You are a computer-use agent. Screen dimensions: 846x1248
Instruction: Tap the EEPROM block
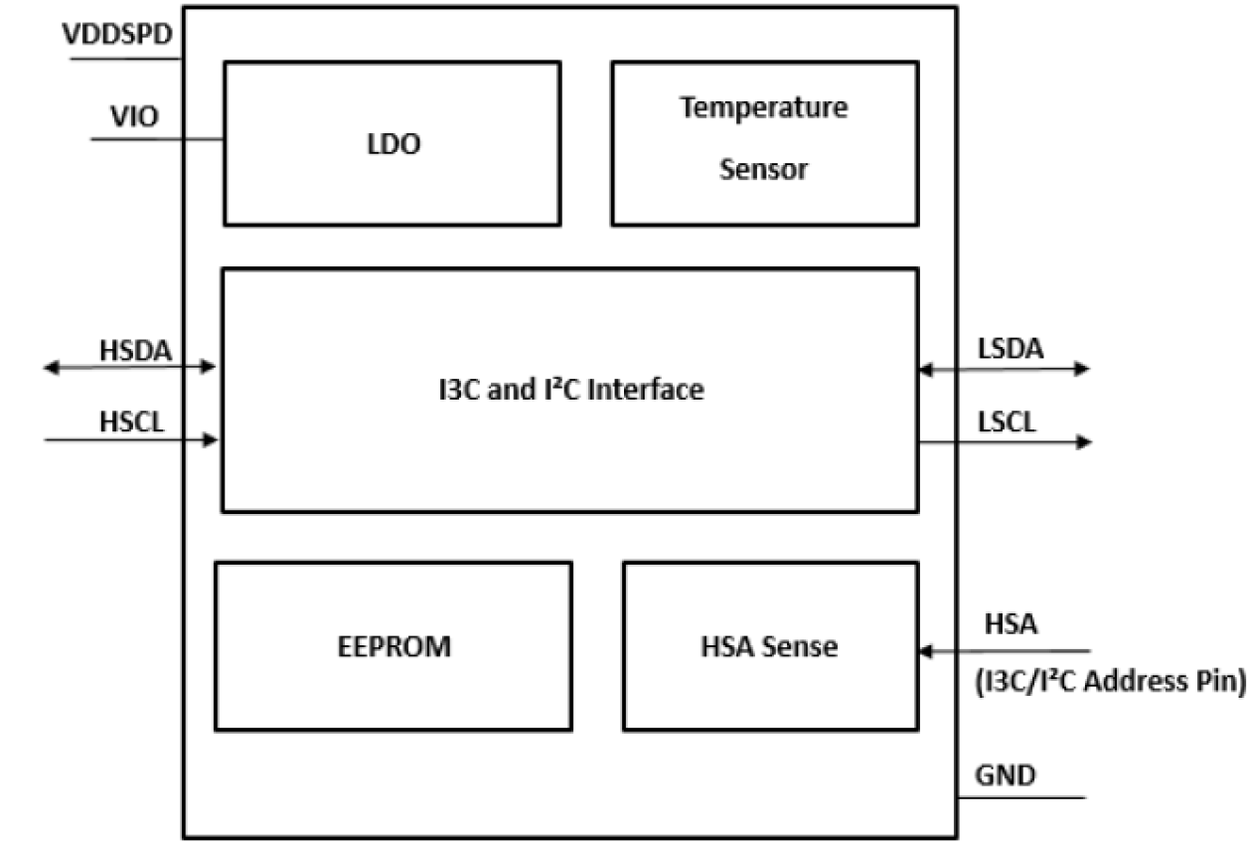[392, 646]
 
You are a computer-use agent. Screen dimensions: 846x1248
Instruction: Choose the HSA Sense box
[769, 646]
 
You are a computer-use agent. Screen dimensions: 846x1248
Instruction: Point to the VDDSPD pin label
[117, 34]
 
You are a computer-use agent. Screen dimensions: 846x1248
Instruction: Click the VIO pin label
[133, 117]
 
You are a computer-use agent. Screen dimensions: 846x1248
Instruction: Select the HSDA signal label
[135, 350]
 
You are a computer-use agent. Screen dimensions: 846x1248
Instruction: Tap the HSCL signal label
[131, 422]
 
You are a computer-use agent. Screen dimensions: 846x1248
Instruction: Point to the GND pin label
[1006, 774]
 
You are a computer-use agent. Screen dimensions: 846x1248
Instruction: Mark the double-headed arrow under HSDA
[129, 368]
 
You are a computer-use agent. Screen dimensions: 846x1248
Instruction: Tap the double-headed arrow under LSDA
[1004, 369]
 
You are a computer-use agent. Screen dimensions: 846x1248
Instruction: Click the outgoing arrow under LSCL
[1004, 440]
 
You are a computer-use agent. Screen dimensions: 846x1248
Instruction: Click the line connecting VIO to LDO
[157, 138]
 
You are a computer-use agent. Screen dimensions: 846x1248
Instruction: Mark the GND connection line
[1021, 797]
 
